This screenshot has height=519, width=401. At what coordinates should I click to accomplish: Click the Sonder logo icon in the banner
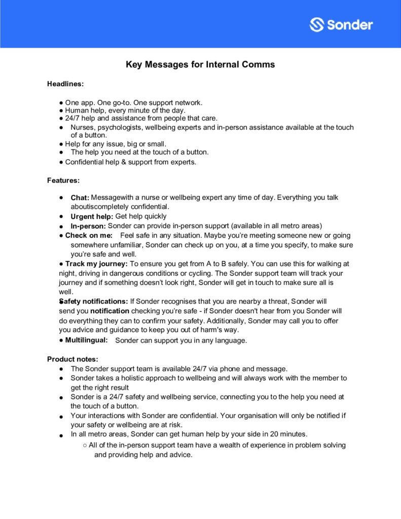point(317,24)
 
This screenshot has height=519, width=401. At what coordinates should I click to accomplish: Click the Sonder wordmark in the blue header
point(350,24)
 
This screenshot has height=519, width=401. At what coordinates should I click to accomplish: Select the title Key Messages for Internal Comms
point(200,65)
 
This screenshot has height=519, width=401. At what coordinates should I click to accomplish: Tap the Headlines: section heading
point(65,84)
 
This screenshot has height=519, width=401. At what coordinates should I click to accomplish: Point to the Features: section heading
point(63,180)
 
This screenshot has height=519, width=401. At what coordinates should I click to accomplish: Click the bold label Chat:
point(80,198)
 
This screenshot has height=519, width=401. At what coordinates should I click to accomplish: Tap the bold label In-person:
point(88,226)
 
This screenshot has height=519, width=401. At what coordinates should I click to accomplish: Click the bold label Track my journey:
point(96,264)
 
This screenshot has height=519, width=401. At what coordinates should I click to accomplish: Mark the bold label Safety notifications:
point(94,302)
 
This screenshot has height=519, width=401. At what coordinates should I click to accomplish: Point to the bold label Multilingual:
point(86,340)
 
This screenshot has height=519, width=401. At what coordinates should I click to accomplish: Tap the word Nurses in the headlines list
point(82,127)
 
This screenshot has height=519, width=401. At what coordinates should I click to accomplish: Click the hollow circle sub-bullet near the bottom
point(84,446)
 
